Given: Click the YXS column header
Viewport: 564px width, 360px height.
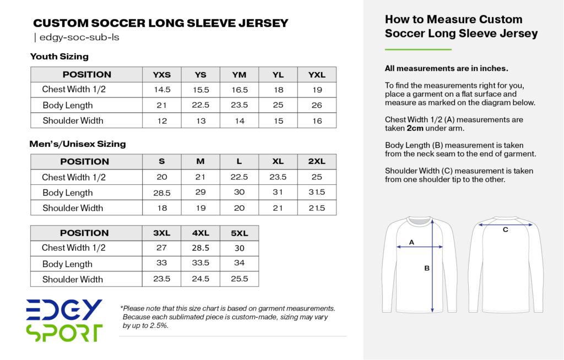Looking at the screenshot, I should point(161,75).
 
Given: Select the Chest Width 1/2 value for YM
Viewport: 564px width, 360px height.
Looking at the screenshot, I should point(240,90).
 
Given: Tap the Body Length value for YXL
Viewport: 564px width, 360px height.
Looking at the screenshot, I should point(317,105).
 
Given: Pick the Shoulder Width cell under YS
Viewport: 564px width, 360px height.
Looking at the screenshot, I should point(200,121).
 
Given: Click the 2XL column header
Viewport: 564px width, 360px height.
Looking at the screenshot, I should point(317,162).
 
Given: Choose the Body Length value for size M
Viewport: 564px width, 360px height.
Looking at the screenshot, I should point(200,193).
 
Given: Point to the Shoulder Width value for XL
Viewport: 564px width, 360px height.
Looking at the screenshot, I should point(278,208).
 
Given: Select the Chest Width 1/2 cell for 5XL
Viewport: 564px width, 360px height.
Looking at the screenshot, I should point(240,248).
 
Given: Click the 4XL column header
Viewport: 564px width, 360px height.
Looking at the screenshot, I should point(200,233).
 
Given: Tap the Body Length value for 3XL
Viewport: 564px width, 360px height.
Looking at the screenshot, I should point(161,263).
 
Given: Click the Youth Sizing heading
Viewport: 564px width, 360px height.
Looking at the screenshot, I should point(59,57).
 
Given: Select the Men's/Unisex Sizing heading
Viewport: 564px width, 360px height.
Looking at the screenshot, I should point(78,144).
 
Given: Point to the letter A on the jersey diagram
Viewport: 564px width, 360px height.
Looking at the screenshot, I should point(411,242).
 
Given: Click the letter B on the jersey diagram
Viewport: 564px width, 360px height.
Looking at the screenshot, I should point(426,269).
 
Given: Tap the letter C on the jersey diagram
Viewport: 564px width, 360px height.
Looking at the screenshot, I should point(505,230).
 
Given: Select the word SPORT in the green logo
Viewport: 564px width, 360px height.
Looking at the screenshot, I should point(64,332).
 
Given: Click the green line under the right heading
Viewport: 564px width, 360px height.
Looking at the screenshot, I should point(418,50).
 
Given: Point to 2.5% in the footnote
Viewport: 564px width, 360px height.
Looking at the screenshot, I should point(158,325).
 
